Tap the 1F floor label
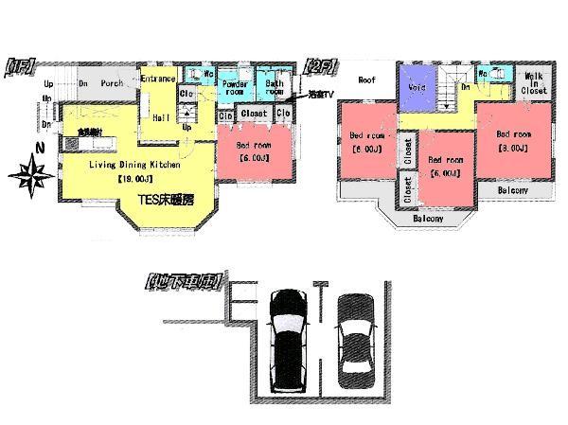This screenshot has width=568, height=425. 20,65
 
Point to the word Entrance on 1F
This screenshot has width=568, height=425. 158,80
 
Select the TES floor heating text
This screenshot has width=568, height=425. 167,200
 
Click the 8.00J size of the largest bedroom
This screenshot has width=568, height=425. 513,148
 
